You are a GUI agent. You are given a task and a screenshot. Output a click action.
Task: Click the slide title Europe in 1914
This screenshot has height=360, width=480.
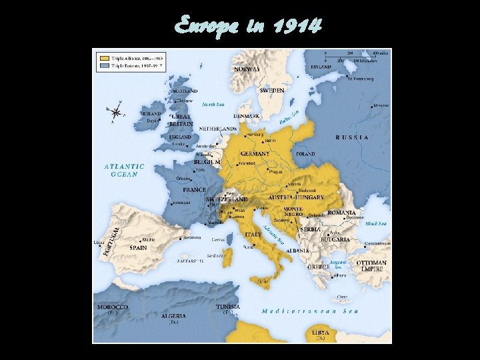pos(248,26)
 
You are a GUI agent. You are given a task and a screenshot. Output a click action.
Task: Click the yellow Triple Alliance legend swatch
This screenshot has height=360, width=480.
pos(104,57)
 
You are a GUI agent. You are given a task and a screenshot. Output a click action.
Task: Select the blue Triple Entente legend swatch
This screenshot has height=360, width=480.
pos(104,66)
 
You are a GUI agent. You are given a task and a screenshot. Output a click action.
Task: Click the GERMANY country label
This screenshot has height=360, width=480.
pos(255,154)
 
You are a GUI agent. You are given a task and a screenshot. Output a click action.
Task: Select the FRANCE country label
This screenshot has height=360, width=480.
pos(194,189)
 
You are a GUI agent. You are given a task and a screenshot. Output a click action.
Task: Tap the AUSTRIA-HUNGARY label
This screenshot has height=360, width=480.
pos(296,197)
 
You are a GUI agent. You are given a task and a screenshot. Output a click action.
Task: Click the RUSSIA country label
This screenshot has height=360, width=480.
pos(352,137)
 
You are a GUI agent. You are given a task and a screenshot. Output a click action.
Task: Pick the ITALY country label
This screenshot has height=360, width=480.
pos(253,235)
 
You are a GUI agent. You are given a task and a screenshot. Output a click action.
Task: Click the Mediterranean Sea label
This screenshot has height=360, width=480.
pos(310,311)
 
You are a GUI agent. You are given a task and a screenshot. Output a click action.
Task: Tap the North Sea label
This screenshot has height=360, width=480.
pos(213,105)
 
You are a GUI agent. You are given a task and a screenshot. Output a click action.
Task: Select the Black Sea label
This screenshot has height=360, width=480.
pos(375,224)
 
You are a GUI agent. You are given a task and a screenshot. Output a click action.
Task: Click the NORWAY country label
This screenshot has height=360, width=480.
pos(247,68)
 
